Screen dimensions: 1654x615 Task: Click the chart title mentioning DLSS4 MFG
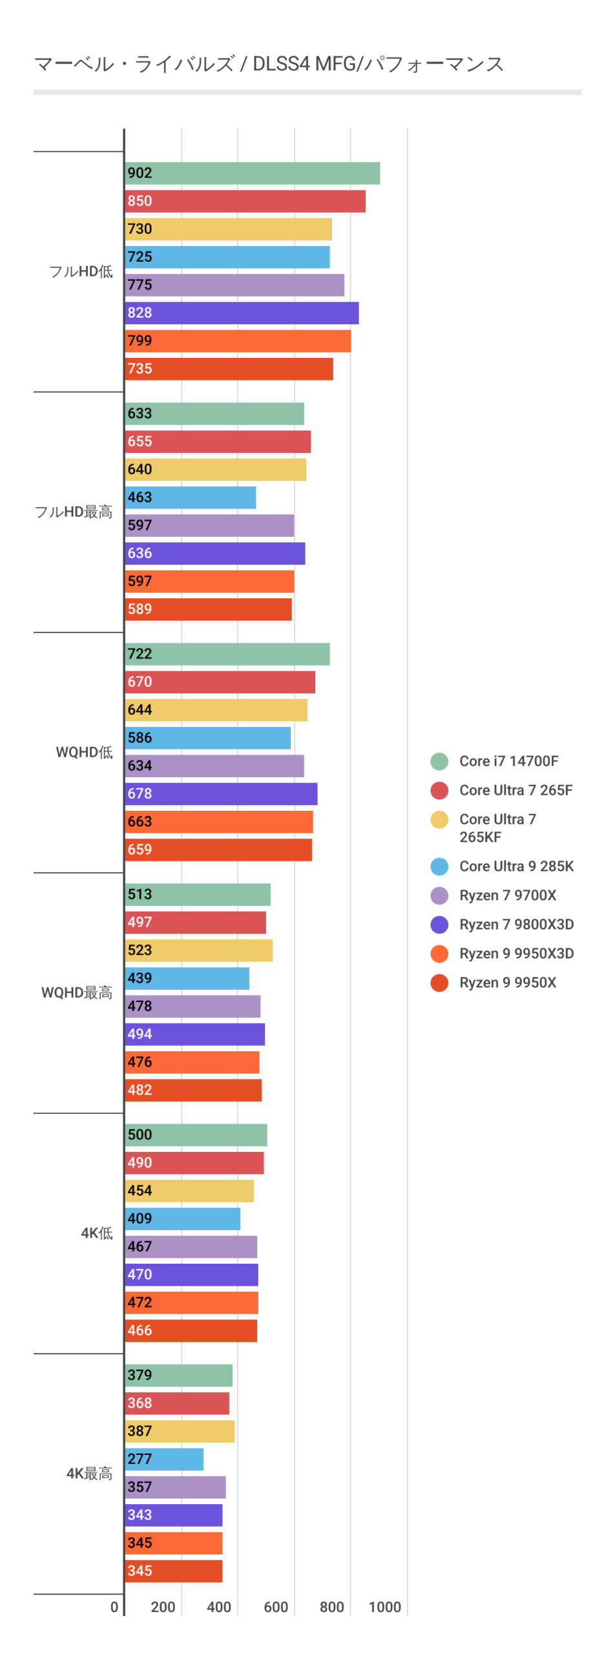coord(268,64)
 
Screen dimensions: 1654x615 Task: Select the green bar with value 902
coord(252,173)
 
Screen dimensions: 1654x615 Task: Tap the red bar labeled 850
coord(245,201)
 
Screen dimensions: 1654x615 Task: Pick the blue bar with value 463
coord(191,497)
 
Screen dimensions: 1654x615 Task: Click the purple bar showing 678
coord(221,793)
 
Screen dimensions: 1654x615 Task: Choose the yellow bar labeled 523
coord(198,950)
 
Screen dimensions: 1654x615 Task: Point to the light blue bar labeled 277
coord(164,1459)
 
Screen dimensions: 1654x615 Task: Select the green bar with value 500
coord(196,1135)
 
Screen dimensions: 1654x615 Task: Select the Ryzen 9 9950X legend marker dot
coord(439,983)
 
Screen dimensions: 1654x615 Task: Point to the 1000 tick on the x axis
coord(385,1607)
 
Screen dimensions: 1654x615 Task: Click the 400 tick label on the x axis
coord(219,1607)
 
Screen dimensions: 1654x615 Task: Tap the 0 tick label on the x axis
coord(114,1607)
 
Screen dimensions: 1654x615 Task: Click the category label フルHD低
coord(81,271)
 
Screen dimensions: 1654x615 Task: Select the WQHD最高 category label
coord(77,992)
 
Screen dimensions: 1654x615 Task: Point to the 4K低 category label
coord(97,1233)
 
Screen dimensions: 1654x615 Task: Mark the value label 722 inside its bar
coord(140,654)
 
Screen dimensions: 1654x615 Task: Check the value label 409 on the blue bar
coord(140,1219)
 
